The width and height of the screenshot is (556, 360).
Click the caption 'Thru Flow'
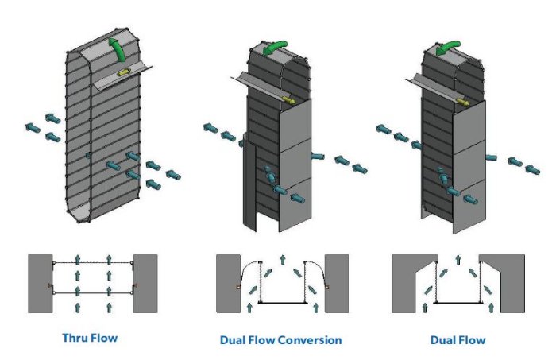pos(90,338)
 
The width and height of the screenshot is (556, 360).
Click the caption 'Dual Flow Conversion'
pos(280,340)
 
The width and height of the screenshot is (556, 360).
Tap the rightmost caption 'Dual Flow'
pos(458,340)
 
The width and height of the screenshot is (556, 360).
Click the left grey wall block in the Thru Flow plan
pos(40,283)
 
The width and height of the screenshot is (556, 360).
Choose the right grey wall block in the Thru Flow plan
pos(145,283)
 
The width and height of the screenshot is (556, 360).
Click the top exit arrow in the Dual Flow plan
pos(458,259)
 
